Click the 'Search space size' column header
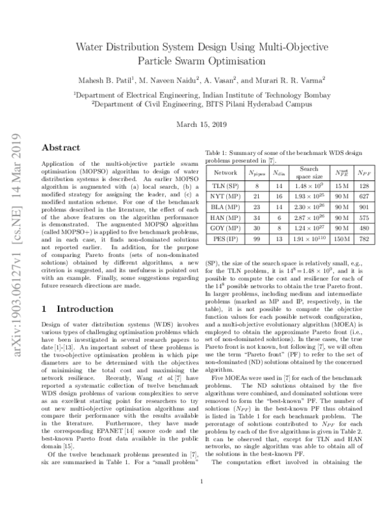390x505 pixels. tap(309, 173)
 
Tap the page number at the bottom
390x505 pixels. tap(203, 482)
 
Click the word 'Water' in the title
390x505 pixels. tap(94, 47)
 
